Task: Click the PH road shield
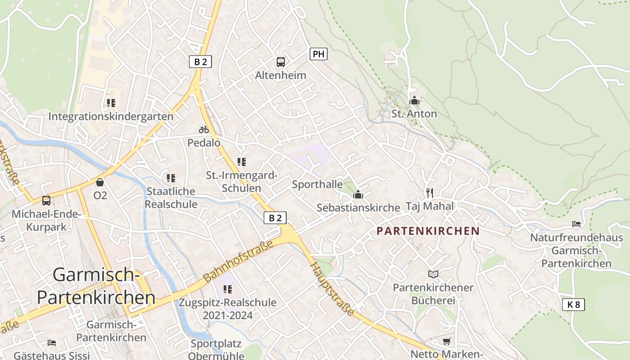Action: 318,54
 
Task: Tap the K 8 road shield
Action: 573,305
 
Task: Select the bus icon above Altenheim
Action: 281,62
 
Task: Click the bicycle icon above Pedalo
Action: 204,130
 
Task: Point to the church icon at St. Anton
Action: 414,100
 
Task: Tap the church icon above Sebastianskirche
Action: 358,194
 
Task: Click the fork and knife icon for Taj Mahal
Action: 430,193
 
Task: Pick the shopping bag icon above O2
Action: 100,182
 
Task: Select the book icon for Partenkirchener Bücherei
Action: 433,274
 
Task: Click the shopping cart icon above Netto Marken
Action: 446,342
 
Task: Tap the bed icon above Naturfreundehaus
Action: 576,224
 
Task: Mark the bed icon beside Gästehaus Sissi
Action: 52,343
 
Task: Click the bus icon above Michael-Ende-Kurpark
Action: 46,201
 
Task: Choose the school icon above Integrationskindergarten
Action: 111,103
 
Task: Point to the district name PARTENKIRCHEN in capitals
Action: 427,231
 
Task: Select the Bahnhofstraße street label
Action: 238,262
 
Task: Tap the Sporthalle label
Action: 317,184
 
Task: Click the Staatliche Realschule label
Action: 171,198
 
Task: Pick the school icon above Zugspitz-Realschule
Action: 228,289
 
